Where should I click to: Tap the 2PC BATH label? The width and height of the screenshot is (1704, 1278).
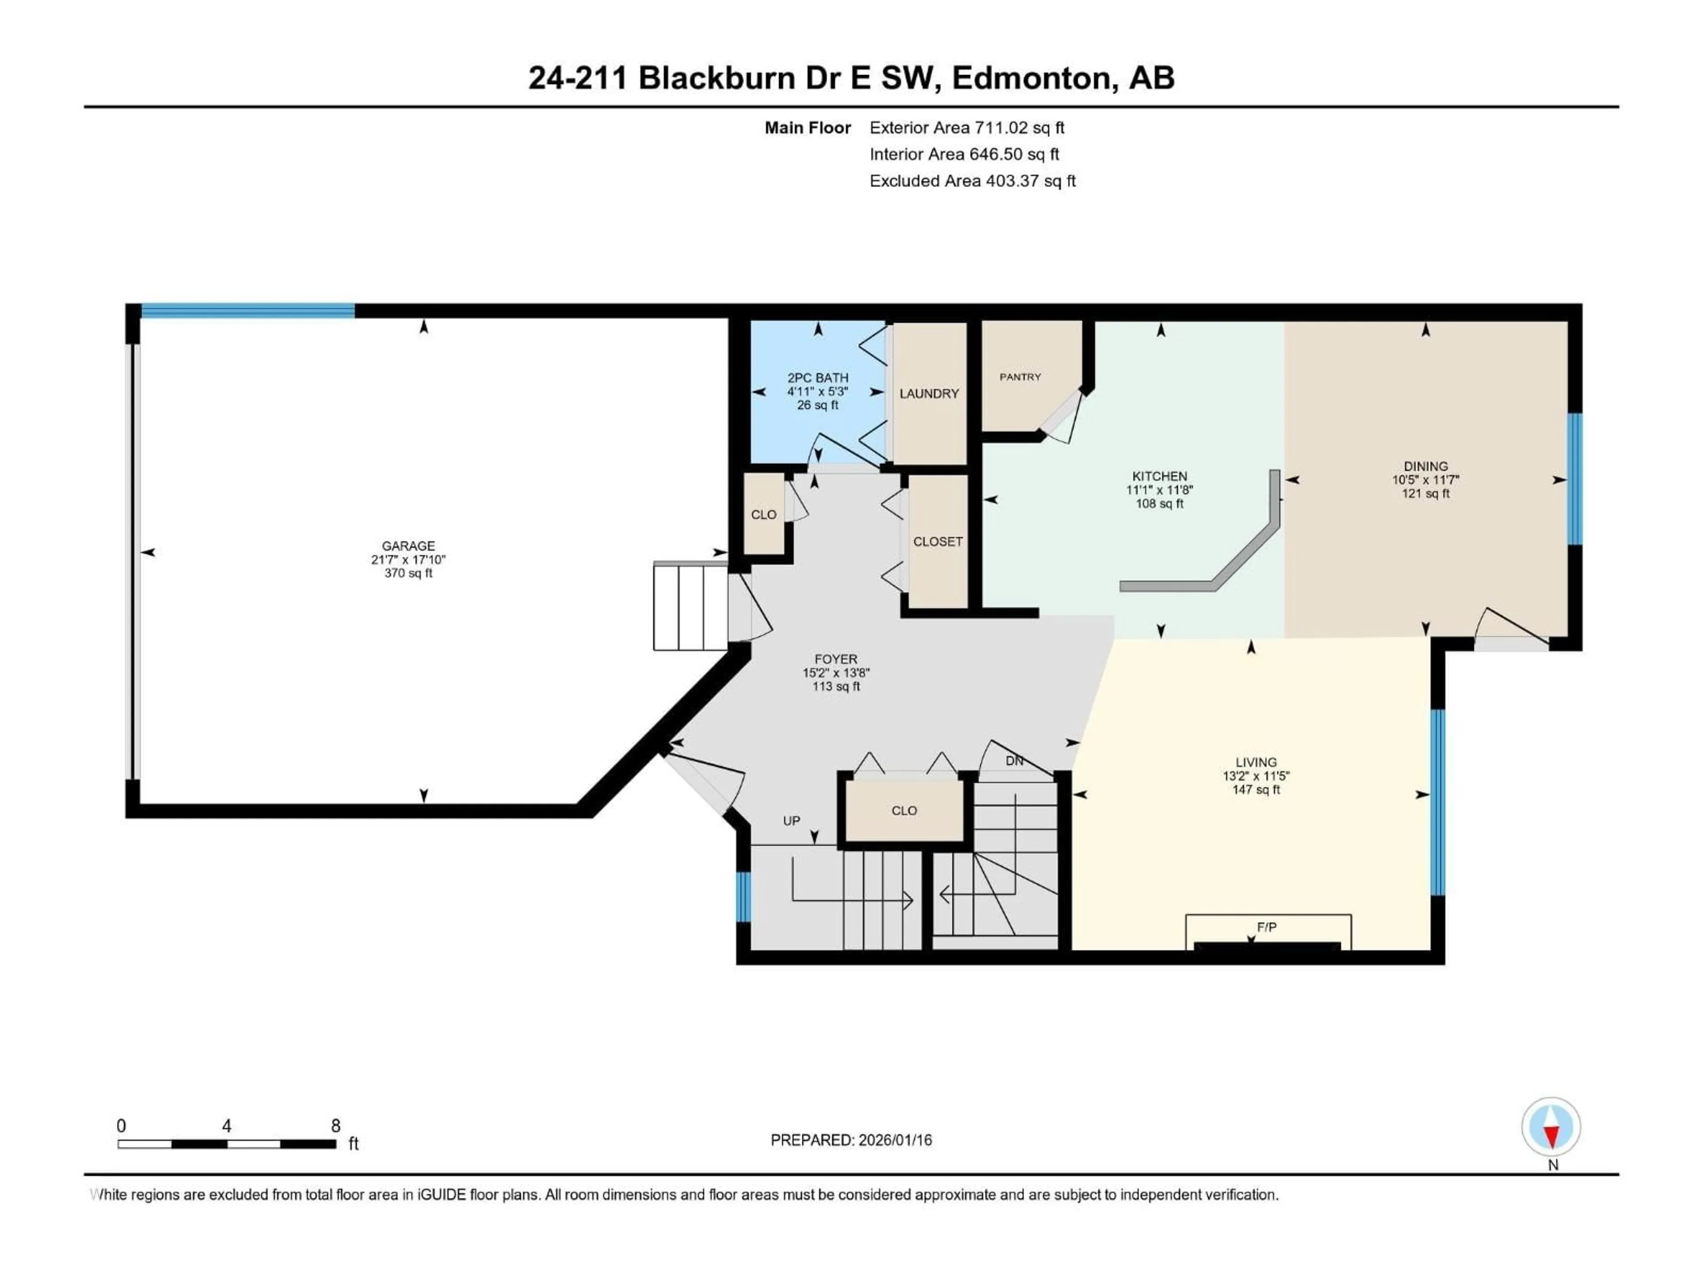coord(817,378)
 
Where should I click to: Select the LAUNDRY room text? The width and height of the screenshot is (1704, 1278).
coord(929,394)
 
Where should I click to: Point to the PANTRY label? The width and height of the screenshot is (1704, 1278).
coord(1020,377)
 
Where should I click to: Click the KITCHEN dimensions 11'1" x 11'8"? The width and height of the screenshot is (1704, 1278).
coord(1160,490)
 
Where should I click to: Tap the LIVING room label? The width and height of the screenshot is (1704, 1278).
coord(1256,762)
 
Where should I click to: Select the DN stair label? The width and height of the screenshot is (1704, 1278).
coord(1014,761)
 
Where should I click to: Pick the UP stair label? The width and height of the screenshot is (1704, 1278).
coord(791,820)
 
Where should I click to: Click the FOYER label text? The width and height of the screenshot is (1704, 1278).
coord(836,659)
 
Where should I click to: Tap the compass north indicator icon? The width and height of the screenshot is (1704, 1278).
coord(1551,1127)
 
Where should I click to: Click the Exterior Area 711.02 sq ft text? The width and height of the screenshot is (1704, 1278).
coord(967,128)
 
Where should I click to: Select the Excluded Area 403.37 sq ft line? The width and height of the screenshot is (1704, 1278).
coord(972,181)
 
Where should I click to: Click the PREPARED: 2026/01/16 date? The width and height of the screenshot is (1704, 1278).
coord(851,1140)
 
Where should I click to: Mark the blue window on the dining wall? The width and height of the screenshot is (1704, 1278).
coord(1575,479)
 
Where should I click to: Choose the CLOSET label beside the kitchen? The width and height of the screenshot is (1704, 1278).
coord(938,541)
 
